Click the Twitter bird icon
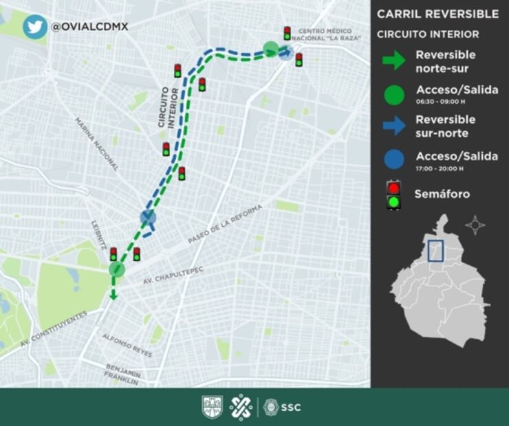click(x=34, y=26)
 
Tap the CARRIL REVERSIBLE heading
click(x=437, y=14)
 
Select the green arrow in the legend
click(x=393, y=60)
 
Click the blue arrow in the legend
click(x=393, y=125)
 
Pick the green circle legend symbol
click(x=394, y=95)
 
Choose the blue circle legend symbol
click(x=394, y=159)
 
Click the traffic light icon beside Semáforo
click(x=393, y=194)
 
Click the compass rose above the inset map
click(x=475, y=225)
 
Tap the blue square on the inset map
click(x=435, y=251)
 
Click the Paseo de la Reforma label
click(x=225, y=223)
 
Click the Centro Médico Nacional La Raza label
click(x=325, y=34)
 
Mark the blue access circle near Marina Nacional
click(x=148, y=218)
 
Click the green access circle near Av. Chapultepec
click(x=116, y=269)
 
